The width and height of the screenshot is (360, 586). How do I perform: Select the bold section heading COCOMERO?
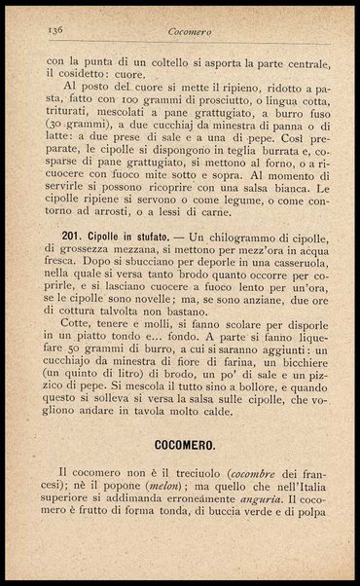tap(182, 443)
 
